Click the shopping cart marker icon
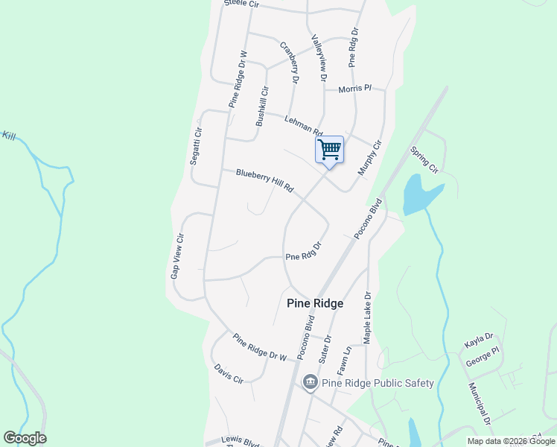click(329, 150)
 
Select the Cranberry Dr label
click(289, 61)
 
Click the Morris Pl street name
click(354, 89)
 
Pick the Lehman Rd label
click(302, 124)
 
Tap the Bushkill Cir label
click(261, 106)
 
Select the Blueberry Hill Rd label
click(265, 182)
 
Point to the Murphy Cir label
click(369, 158)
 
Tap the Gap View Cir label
click(176, 255)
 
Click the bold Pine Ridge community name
click(315, 303)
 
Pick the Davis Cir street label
click(229, 373)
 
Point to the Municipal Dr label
click(478, 405)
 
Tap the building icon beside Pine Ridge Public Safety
click(311, 383)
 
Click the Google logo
click(25, 438)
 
